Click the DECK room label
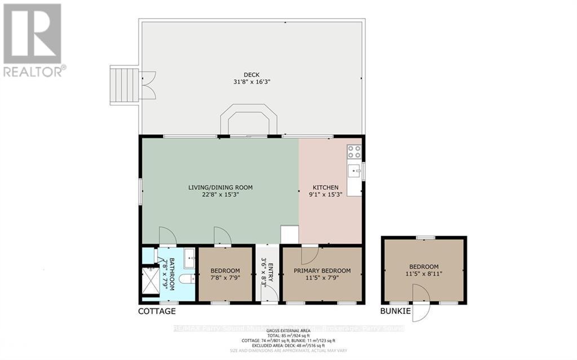pyautogui.click(x=251, y=74)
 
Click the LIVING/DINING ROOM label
pyautogui.click(x=220, y=188)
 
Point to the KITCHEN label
pyautogui.click(x=326, y=188)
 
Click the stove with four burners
pyautogui.click(x=354, y=152)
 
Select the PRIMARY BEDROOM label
pyautogui.click(x=322, y=271)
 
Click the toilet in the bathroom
pyautogui.click(x=186, y=279)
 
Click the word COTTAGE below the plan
pyautogui.click(x=157, y=312)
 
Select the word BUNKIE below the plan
pyautogui.click(x=395, y=312)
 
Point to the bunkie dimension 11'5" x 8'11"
pyautogui.click(x=424, y=275)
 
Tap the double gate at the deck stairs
pyautogui.click(x=148, y=85)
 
